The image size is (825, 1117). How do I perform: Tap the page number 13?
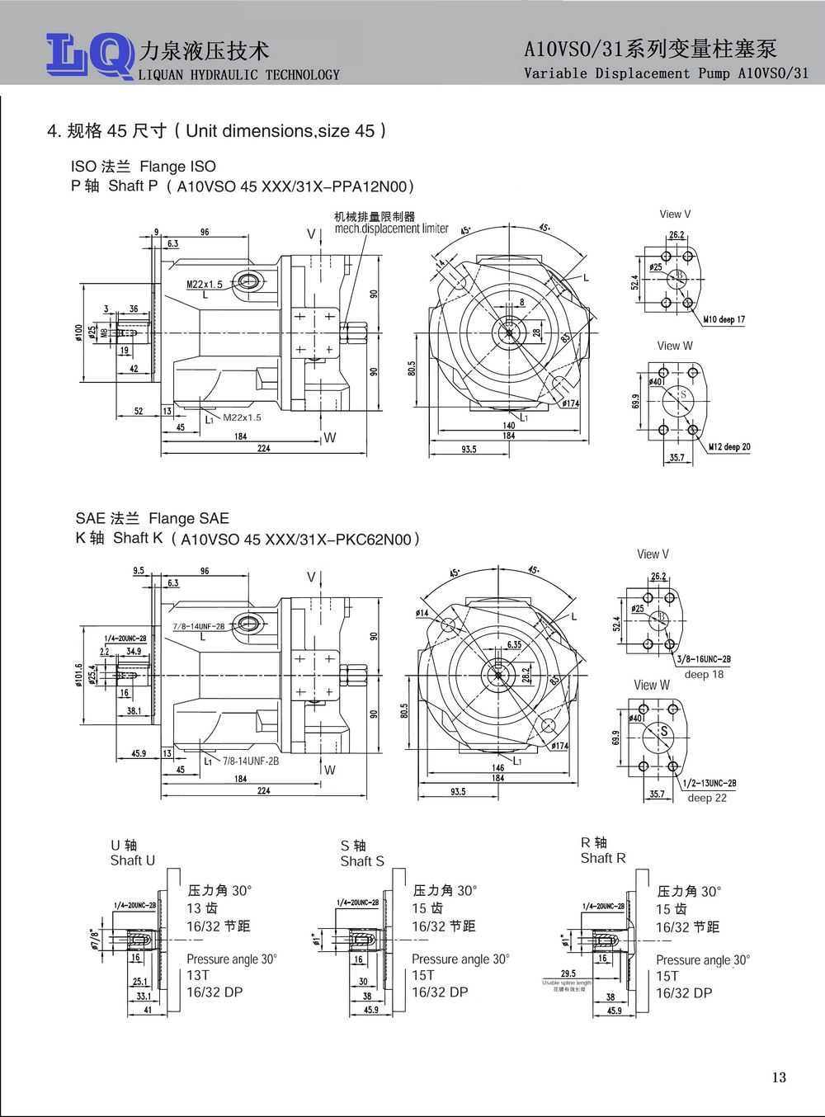coord(779,1077)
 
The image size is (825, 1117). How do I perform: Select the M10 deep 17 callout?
coord(724,319)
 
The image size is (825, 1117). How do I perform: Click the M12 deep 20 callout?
coord(729,447)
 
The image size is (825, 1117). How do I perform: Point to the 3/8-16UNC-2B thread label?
coord(704,659)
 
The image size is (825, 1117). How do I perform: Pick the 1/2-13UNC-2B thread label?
coord(709,783)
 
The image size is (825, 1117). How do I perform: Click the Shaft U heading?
coord(132,860)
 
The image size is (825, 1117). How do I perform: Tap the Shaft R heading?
coord(603,858)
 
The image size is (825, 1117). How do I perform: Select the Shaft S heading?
coord(362,861)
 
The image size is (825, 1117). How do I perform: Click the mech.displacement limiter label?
coord(391,229)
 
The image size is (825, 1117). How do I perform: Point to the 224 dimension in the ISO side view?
coord(264,448)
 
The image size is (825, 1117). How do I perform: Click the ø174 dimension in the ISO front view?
coord(571,403)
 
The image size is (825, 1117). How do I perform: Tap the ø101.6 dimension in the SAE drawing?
coord(79,675)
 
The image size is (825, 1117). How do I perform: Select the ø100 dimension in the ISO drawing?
coord(79,332)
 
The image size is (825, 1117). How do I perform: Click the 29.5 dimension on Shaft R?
coord(568,973)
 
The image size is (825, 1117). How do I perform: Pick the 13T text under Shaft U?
coord(198,975)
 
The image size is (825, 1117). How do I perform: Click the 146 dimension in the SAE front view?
coord(498,767)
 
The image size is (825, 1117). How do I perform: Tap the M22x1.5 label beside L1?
coord(242,417)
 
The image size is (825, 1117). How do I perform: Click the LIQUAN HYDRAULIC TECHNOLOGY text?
coord(239,75)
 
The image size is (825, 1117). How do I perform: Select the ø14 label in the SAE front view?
coord(422,613)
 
